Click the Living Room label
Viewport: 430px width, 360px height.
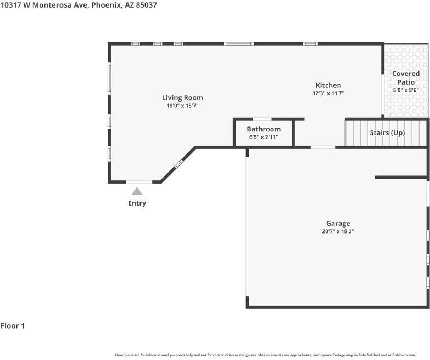(x=182, y=98)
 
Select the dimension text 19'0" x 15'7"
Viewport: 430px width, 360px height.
(x=182, y=106)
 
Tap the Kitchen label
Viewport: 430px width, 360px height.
(x=328, y=85)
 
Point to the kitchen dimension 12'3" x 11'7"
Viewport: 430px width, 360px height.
(x=328, y=93)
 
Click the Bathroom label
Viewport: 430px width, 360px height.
(x=264, y=129)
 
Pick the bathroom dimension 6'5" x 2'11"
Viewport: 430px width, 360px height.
(x=264, y=137)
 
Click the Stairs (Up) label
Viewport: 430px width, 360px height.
(x=387, y=133)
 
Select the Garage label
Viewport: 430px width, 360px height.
(x=338, y=223)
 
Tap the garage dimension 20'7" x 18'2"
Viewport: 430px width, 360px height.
(x=338, y=231)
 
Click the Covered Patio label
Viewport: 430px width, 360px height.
(x=406, y=77)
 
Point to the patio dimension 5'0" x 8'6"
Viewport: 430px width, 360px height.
(x=406, y=90)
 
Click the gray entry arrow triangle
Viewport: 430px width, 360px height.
(x=137, y=191)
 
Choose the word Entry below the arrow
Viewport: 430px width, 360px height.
(x=137, y=203)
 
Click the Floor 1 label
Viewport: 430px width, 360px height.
(x=13, y=326)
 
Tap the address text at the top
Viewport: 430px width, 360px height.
(x=79, y=5)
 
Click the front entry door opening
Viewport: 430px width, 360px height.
(x=139, y=182)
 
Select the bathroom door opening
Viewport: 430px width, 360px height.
(x=262, y=119)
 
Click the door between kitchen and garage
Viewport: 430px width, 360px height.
(x=323, y=147)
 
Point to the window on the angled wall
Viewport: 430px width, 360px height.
(x=178, y=164)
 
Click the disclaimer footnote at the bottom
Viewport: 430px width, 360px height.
(x=265, y=355)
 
